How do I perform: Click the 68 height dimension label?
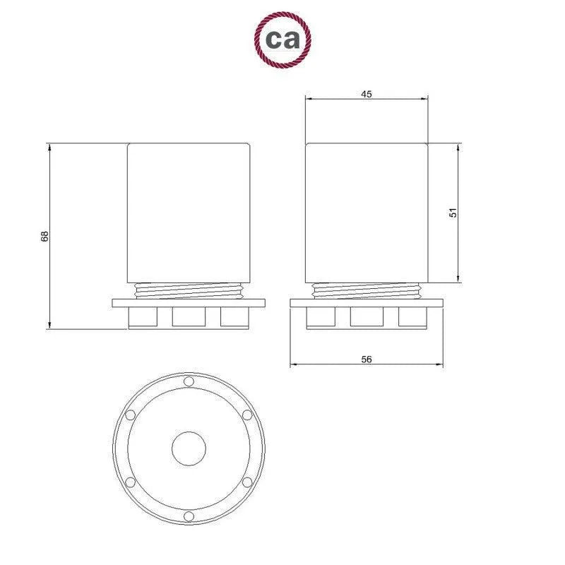pos(44,237)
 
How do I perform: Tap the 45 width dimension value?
pos(366,93)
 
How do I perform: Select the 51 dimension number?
pos(454,212)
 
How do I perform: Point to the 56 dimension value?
pos(367,359)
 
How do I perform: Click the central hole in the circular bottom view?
pos(189,448)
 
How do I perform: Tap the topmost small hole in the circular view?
pos(189,382)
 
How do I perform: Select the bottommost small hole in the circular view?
pos(189,516)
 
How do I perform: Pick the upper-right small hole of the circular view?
pos(246,415)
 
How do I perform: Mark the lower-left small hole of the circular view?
pos(131,482)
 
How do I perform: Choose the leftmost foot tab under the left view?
pos(142,318)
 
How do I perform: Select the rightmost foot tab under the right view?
pos(412,318)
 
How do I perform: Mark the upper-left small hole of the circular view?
pos(131,415)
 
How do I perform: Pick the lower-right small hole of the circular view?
pos(246,482)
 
